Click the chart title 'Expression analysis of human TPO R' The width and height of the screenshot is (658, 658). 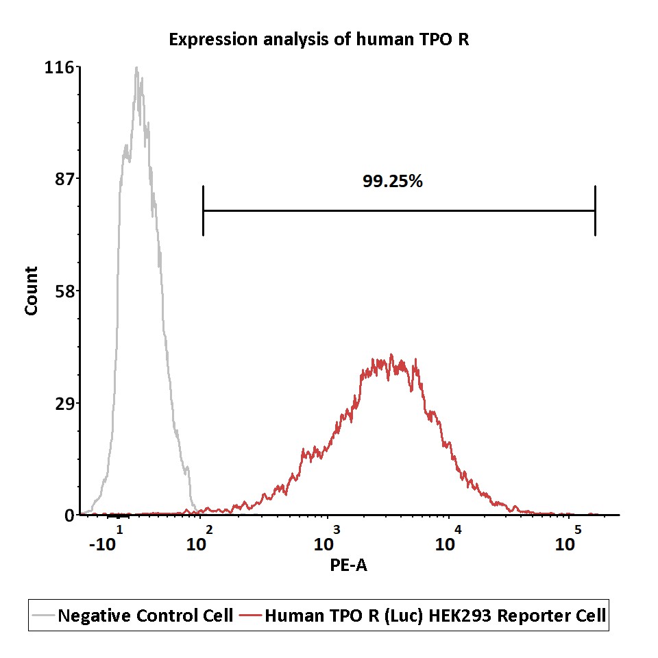(x=319, y=40)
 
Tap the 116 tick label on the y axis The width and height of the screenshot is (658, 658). (x=59, y=67)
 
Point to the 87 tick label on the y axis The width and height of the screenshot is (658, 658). (x=64, y=179)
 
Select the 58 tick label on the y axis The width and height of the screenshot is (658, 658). (x=64, y=291)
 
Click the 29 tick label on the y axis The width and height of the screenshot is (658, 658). (x=64, y=403)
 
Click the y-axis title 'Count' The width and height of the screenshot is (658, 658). (x=32, y=291)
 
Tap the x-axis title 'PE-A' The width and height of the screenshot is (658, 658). (x=348, y=565)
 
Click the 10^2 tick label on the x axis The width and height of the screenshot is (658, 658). (x=199, y=539)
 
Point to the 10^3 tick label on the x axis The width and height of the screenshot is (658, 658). (x=326, y=539)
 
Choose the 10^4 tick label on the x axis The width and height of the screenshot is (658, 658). (x=448, y=539)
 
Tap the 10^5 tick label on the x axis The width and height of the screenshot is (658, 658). (x=568, y=539)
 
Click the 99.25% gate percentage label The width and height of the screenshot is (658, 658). (x=392, y=181)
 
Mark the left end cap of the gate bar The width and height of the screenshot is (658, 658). (x=203, y=210)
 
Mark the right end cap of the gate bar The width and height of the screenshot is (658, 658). (x=595, y=210)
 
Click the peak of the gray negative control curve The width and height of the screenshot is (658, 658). (x=137, y=67)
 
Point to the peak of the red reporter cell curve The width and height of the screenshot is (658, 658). (x=391, y=354)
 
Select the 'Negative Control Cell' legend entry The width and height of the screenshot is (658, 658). (x=132, y=616)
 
